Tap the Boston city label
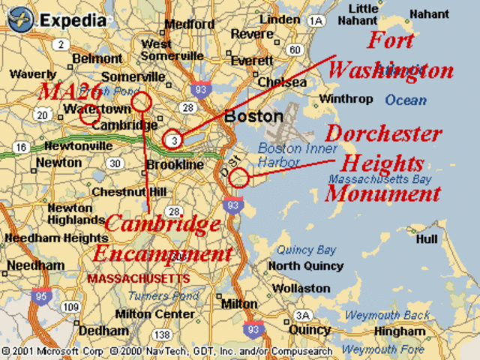pos(254,117)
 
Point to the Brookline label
pos(175,164)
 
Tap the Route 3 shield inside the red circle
pos(173,139)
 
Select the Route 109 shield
pos(71,307)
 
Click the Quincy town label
pos(310,329)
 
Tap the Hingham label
pos(400,331)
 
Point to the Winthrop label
pos(346,99)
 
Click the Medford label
pos(189,24)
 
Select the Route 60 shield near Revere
pos(295,50)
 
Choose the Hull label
pos(426,238)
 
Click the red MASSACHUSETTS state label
pos(139,278)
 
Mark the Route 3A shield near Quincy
pos(302,315)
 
